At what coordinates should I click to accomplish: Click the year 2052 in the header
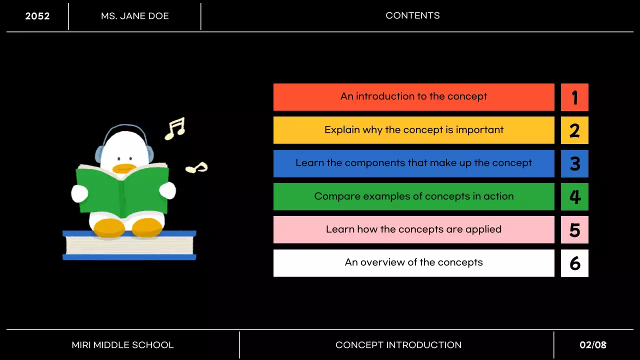click(37, 16)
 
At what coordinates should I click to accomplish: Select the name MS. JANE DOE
click(135, 16)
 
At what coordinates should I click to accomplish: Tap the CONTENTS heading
click(412, 15)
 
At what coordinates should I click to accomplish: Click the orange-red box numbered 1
click(574, 97)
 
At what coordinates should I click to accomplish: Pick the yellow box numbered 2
click(574, 130)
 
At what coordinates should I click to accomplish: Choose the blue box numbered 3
click(574, 163)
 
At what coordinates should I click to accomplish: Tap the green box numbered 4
click(574, 196)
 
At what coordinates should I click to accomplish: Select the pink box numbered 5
click(574, 229)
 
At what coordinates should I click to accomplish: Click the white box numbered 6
click(574, 263)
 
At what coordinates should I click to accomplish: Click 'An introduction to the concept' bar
click(413, 97)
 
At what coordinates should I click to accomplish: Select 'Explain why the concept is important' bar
click(413, 130)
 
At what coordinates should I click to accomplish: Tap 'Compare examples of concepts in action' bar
click(413, 196)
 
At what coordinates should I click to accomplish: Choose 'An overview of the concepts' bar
click(413, 263)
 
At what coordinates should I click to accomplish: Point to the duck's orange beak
click(124, 168)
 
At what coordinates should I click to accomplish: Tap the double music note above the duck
click(175, 128)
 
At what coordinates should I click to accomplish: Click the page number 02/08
click(593, 345)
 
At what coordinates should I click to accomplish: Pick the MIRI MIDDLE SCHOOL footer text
click(122, 345)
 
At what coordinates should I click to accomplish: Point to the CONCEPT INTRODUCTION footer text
click(398, 345)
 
